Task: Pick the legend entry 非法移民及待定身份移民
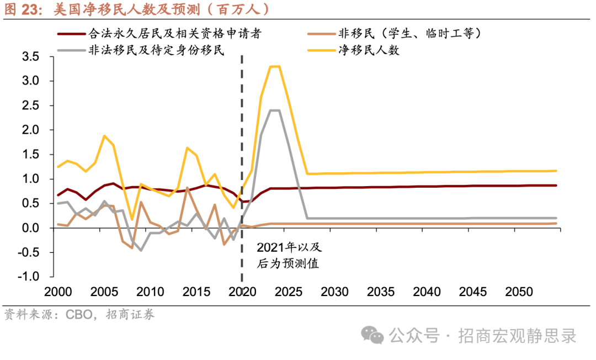155,50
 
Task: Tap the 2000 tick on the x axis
58,292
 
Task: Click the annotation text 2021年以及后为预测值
288,256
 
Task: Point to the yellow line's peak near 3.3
274,66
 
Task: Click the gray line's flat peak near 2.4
274,110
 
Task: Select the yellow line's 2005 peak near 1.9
104,136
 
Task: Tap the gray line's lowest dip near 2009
141,250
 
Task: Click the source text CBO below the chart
79,315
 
